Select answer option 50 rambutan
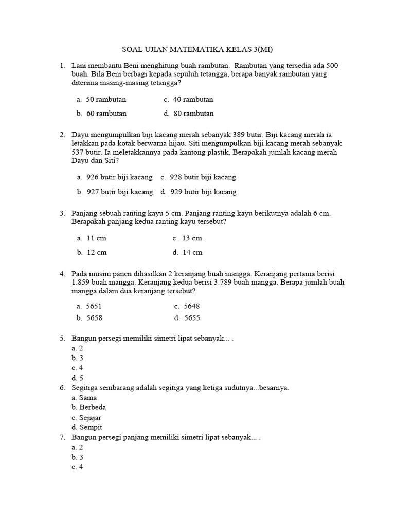tap(106, 99)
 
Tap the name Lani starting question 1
tap(79, 66)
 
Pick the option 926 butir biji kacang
tap(119, 177)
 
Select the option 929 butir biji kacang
tap(203, 192)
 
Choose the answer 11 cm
tap(96, 238)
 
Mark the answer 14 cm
tap(192, 252)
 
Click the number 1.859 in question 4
tap(80, 283)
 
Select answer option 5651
tap(94, 306)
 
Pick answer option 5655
tap(191, 318)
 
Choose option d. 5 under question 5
tap(78, 378)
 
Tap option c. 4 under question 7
tap(78, 467)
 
